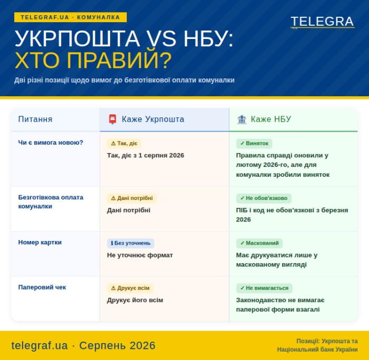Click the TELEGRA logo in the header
322,22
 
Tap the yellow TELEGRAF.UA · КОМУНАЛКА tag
71,17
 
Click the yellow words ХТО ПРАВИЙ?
93,61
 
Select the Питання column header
35,119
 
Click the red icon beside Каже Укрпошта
113,119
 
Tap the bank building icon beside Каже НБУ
242,119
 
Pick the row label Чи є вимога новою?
51,143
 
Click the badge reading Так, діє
124,143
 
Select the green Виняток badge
254,143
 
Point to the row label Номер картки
40,242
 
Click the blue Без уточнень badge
131,243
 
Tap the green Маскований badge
260,243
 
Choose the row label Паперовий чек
42,287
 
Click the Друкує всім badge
130,288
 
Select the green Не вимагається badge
264,288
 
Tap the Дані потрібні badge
132,198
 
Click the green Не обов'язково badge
264,198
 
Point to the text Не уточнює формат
140,255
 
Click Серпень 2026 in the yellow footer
117,345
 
